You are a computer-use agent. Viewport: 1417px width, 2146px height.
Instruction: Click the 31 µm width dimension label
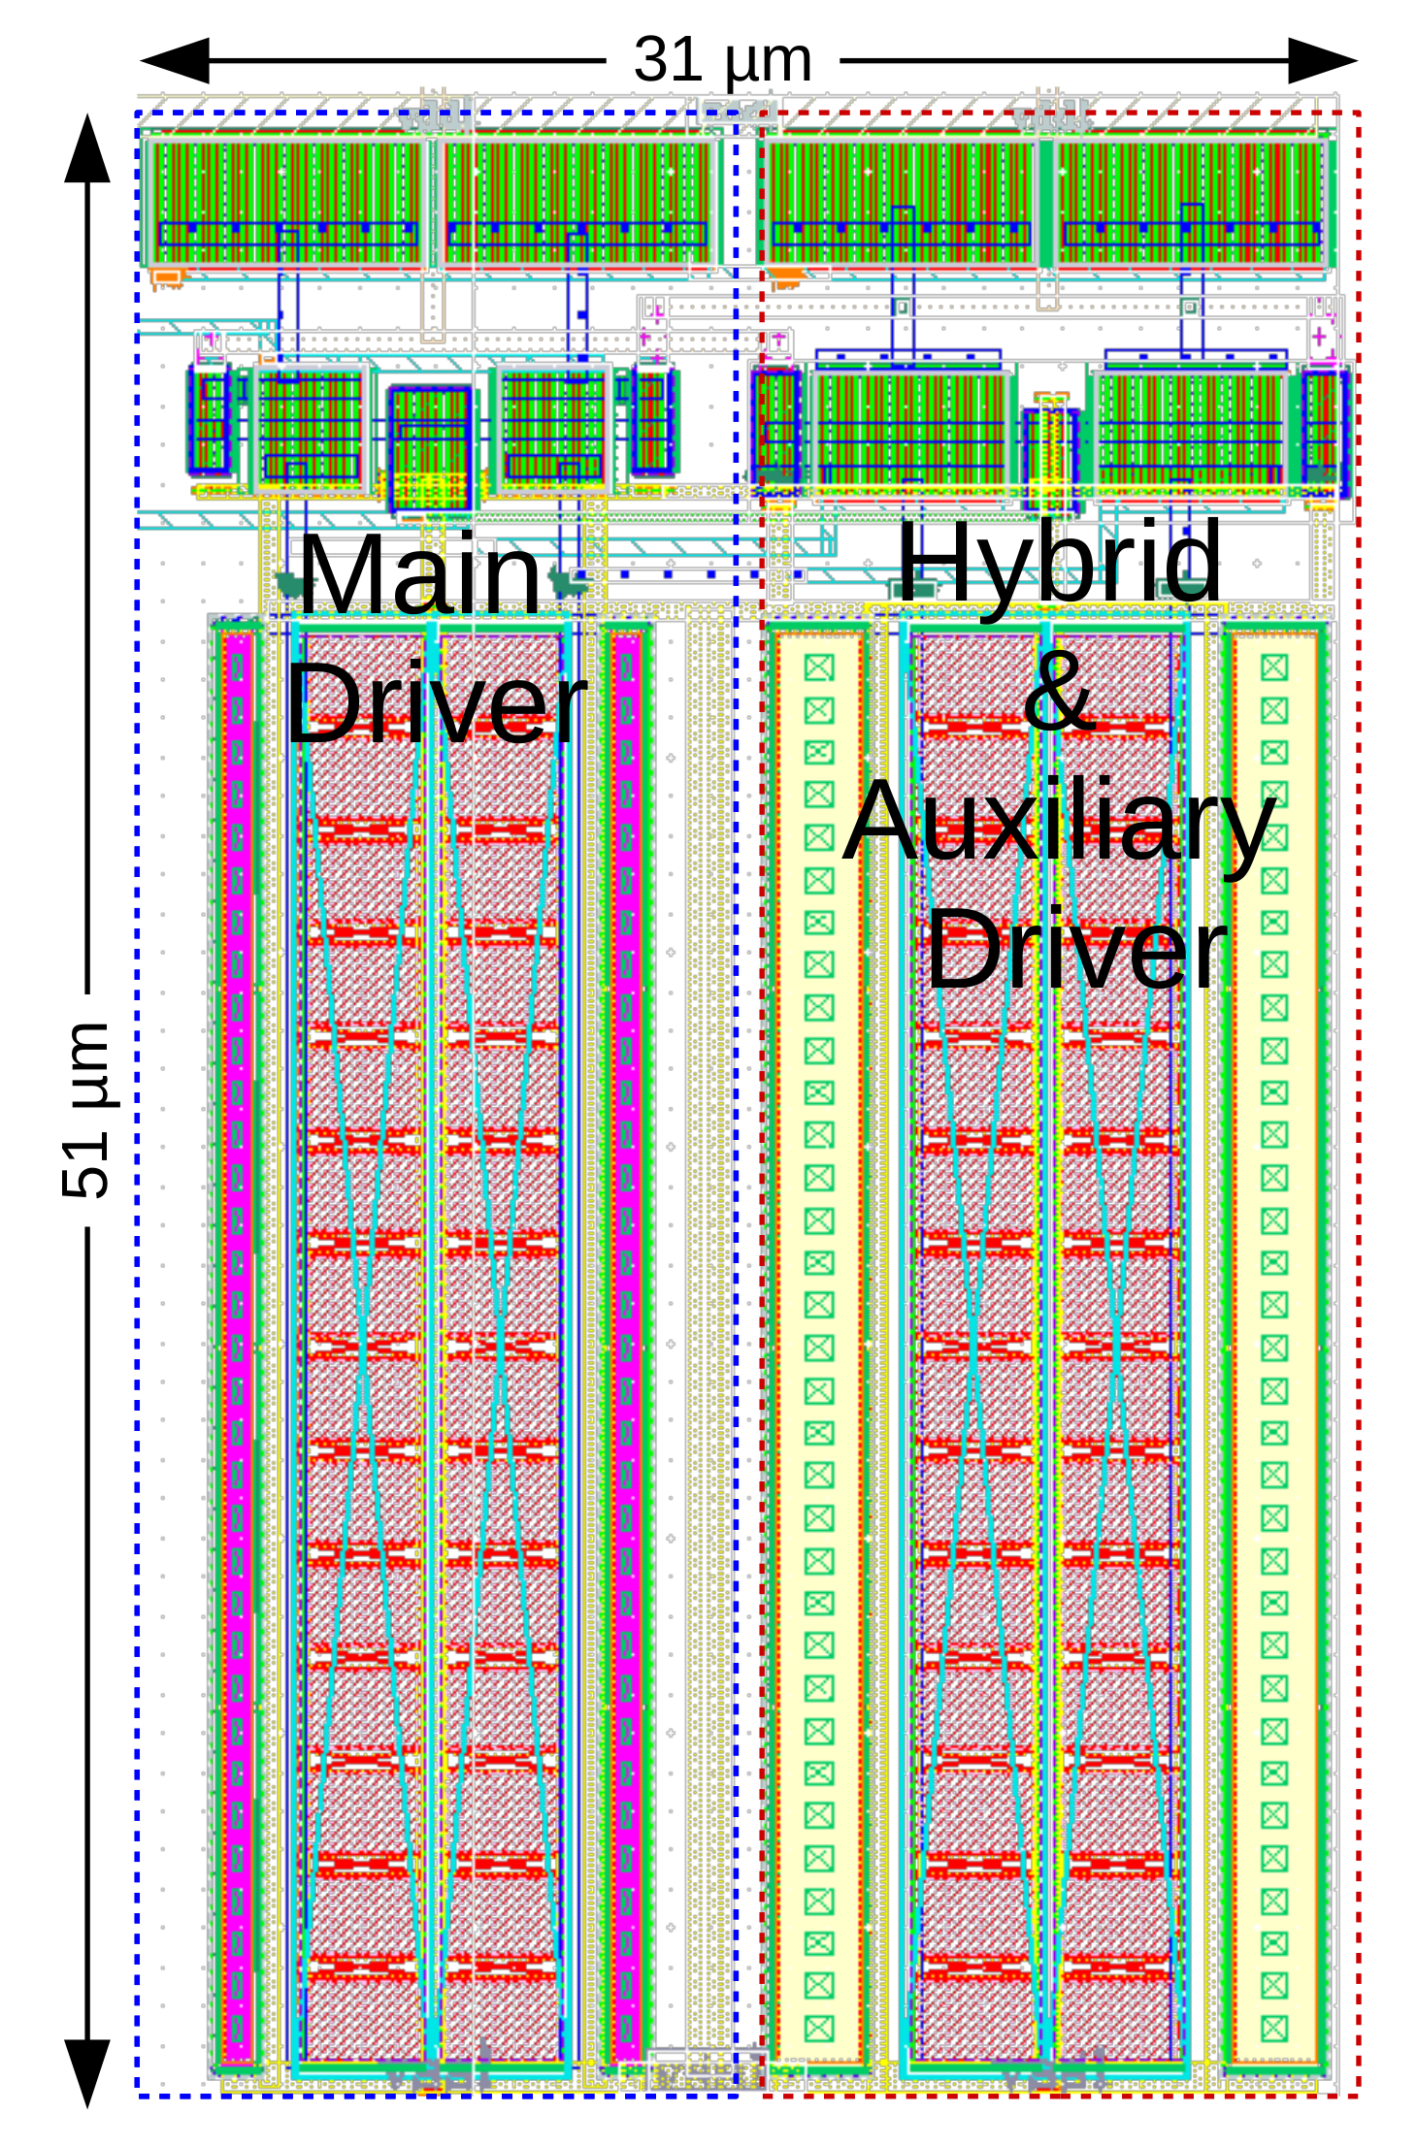pos(722,60)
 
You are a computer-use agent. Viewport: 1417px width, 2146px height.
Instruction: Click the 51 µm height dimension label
pos(85,1110)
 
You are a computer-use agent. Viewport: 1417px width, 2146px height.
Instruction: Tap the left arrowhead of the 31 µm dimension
pos(176,60)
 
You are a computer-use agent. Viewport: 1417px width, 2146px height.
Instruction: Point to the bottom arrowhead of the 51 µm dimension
pos(87,2072)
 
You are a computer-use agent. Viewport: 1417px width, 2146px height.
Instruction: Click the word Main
pos(419,574)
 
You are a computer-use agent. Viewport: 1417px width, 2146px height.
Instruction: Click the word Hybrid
pos(1058,563)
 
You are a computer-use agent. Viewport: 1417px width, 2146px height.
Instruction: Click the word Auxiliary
pos(1058,823)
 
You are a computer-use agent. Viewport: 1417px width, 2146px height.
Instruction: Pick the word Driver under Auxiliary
pos(1075,949)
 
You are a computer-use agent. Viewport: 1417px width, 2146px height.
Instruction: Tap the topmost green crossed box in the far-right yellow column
pos(1274,667)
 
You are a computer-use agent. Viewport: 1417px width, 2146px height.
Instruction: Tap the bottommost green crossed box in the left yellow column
pos(819,2028)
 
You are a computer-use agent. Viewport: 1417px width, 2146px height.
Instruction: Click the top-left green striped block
pos(287,202)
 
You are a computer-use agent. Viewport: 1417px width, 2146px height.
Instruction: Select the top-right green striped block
pos(1190,202)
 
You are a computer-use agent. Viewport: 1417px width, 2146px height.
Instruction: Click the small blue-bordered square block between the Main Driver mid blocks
pos(430,447)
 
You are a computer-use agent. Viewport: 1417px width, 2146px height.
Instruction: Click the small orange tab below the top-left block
pos(167,278)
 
